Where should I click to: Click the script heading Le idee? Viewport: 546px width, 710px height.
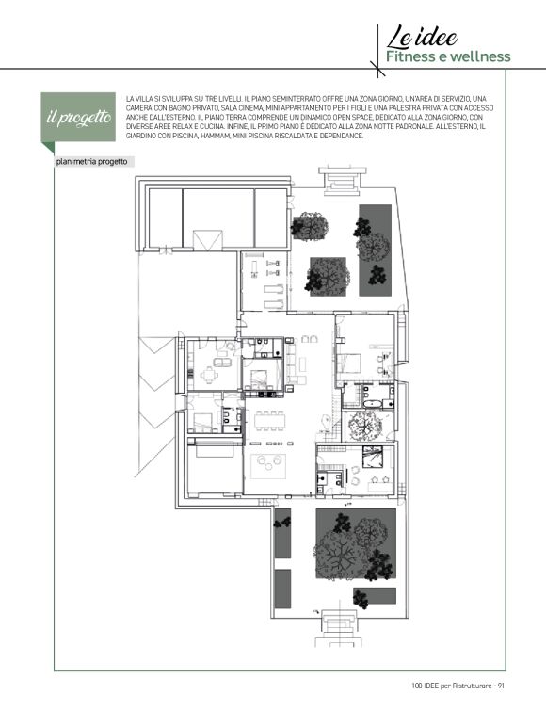click(422, 37)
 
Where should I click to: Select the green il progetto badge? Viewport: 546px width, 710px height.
click(78, 117)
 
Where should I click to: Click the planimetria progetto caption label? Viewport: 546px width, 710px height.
click(92, 162)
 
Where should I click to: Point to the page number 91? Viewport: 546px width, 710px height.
click(501, 686)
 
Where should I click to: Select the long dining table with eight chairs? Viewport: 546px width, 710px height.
click(270, 422)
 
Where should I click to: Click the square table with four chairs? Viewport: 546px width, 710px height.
click(208, 375)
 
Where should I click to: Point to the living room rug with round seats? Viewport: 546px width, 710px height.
click(268, 465)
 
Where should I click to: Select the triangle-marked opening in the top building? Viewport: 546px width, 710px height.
click(208, 240)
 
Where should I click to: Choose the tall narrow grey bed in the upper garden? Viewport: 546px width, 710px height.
click(376, 250)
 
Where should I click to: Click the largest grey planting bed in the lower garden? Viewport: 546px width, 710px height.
click(356, 543)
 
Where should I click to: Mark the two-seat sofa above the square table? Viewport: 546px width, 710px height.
click(221, 363)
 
